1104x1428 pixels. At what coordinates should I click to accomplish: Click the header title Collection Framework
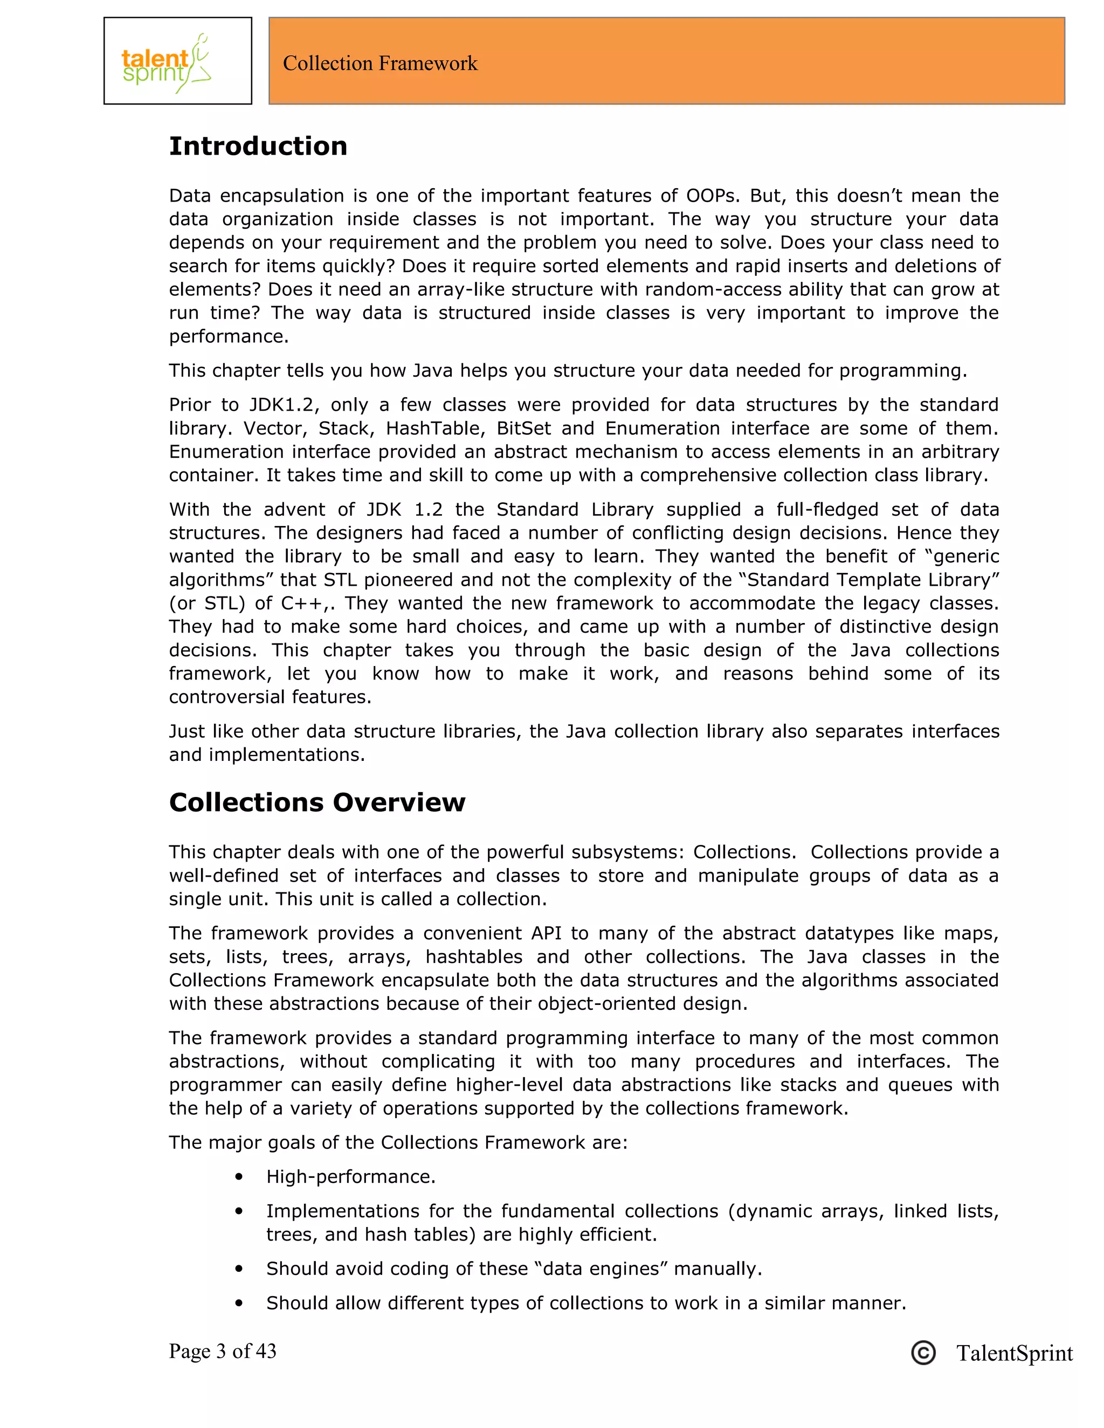click(380, 64)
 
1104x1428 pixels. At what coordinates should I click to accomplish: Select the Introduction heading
click(258, 146)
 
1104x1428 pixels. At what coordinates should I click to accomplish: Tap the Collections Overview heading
click(316, 802)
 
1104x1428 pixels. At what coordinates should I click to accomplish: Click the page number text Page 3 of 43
click(223, 1351)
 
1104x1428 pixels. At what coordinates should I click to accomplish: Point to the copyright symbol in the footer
click(923, 1352)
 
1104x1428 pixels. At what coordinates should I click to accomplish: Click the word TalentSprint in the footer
click(1014, 1353)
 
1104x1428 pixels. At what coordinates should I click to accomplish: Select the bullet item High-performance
click(350, 1176)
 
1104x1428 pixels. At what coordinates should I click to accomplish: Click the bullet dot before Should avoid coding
click(239, 1269)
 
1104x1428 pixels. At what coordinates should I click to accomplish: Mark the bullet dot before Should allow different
click(239, 1303)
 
